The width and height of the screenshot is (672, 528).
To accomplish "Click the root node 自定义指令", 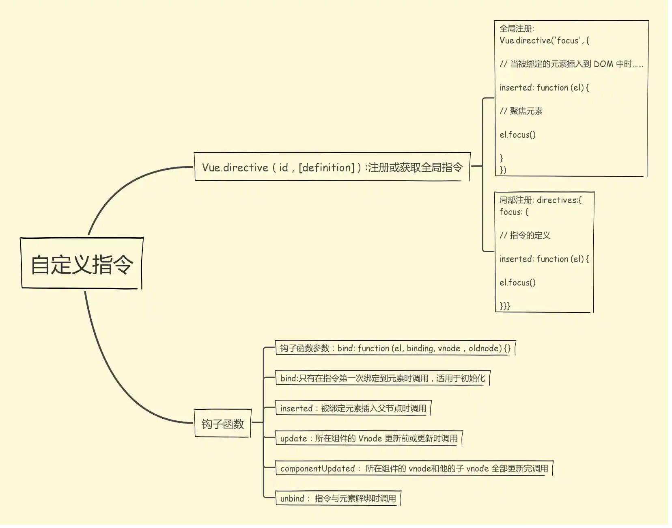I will point(82,264).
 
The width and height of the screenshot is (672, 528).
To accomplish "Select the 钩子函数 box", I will point(223,424).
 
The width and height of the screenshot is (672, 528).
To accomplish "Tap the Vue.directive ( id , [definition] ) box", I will point(332,167).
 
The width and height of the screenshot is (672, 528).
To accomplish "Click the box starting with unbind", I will point(338,498).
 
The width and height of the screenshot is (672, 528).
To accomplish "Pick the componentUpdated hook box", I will point(414,468).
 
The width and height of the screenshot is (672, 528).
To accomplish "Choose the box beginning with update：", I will point(368,438).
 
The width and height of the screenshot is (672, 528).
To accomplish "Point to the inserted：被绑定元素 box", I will point(353,408).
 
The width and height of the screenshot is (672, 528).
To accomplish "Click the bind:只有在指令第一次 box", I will point(382,378).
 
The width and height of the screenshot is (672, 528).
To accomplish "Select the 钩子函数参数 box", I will point(395,348).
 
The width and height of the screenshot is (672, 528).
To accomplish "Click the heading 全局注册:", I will point(517,28).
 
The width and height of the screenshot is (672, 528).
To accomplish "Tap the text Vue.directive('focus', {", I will point(544,40).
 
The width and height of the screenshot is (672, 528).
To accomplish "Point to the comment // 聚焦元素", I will point(521,111).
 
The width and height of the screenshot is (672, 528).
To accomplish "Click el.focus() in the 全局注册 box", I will point(517,134).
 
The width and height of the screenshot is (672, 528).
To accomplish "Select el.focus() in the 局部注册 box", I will point(517,282).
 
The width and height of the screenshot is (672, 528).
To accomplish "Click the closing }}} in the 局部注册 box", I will point(505,306).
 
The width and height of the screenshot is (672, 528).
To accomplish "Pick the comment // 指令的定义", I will point(525,235).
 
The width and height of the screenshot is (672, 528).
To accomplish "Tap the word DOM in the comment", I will point(603,64).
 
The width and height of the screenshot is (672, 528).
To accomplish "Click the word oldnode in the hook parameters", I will point(485,348).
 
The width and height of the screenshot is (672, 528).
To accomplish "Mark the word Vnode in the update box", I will point(370,438).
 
